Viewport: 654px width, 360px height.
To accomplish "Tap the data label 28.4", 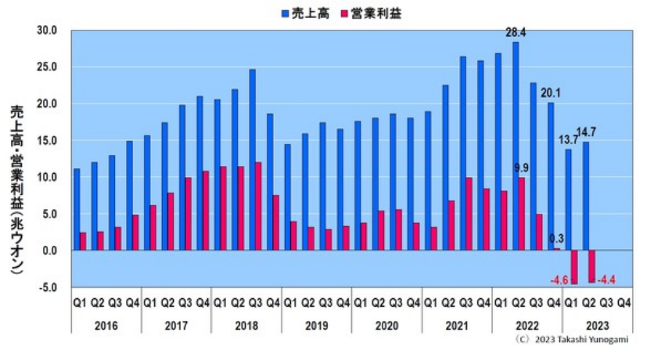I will [x=515, y=33].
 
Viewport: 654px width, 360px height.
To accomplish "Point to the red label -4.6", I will [x=559, y=279].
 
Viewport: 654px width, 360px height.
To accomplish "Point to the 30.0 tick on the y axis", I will [x=47, y=31].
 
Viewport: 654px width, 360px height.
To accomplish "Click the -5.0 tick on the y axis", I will [x=47, y=287].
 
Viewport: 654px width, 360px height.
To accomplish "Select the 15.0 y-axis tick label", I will [x=47, y=141].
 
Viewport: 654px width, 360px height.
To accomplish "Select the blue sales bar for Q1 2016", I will [x=77, y=209].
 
